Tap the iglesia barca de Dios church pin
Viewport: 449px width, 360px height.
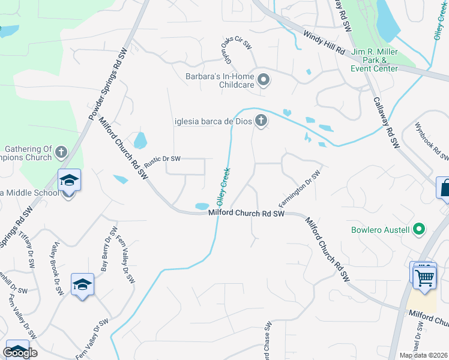(261, 121)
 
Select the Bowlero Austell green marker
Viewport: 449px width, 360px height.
(420, 229)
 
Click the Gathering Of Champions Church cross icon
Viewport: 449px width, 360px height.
(61, 152)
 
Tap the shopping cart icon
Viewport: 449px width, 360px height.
(425, 277)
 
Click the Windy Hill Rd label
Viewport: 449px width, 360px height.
(324, 42)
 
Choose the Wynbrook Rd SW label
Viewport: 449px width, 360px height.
(432, 142)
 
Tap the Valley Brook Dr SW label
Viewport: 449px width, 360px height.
(58, 268)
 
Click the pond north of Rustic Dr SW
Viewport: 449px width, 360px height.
(140, 140)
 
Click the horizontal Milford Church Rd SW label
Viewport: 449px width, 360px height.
(247, 213)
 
